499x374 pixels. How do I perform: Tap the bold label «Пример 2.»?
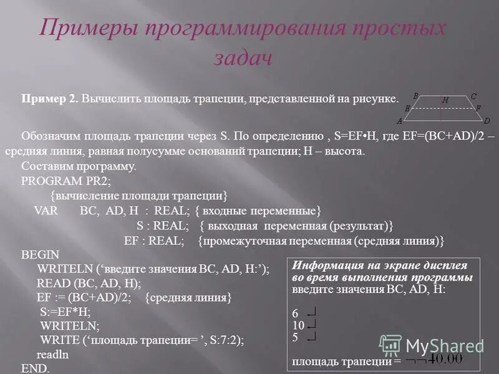click(49, 99)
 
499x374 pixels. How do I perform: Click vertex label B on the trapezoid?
click(415, 95)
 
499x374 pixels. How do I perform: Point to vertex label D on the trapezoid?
click(487, 120)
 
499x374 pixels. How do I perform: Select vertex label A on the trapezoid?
click(399, 120)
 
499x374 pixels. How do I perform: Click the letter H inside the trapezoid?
click(445, 100)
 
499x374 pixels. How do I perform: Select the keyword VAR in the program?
click(46, 210)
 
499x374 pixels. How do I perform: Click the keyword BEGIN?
click(40, 254)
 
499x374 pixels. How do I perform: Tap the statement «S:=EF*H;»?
click(65, 312)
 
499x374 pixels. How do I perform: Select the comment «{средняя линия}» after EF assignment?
click(188, 297)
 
